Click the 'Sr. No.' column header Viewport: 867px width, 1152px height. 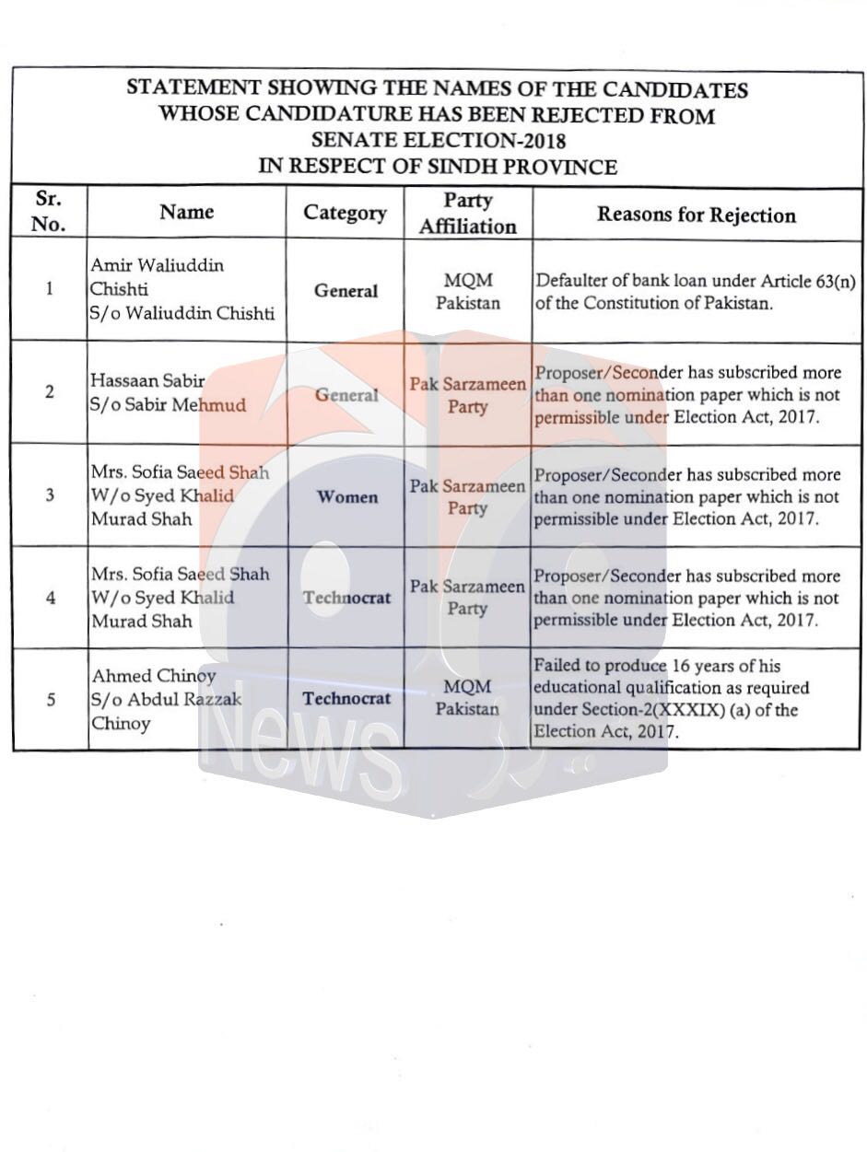49,212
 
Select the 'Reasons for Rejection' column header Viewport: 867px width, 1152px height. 697,215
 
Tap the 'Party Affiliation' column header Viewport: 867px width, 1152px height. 468,213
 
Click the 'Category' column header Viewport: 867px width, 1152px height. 346,213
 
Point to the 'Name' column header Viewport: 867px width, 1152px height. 186,212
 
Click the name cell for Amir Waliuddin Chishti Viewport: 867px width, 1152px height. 182,289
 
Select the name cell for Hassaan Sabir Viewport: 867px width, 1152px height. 169,392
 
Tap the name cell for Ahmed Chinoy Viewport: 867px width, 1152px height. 167,700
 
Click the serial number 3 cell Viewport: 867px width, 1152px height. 50,495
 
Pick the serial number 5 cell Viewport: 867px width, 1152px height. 50,700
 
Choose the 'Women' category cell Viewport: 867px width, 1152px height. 347,497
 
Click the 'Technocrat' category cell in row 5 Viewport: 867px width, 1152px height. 346,699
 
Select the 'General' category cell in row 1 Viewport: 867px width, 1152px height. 346,291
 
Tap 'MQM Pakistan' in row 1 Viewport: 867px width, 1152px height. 468,291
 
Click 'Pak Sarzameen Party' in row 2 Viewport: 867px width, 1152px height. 468,395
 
